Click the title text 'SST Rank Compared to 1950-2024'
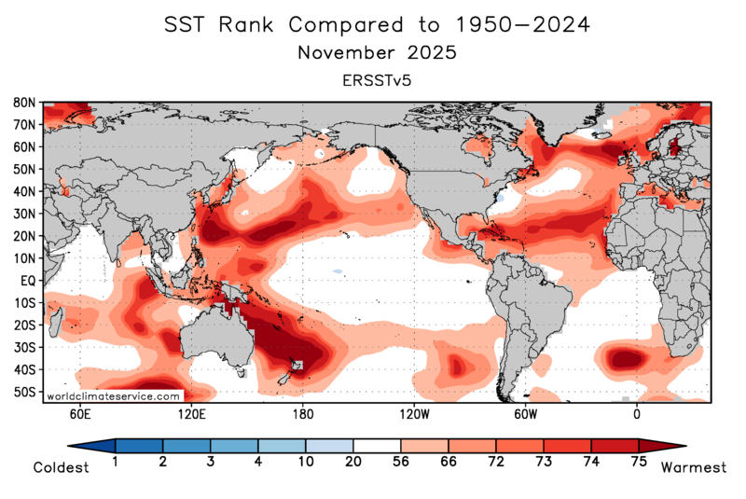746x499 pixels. coord(376,25)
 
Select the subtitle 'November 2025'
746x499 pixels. coord(377,53)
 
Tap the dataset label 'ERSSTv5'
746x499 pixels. coord(377,81)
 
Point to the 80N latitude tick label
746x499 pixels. coord(24,102)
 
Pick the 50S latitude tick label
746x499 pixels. coord(24,393)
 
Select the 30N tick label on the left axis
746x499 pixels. coord(24,214)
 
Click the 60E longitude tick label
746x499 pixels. coord(79,413)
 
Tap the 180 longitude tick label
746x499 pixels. coord(302,413)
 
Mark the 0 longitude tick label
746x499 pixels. coord(637,413)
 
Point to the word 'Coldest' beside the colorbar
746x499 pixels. coord(61,467)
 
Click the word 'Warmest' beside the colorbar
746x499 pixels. coord(693,467)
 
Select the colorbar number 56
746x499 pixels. coord(401,462)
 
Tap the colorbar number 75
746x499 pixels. coord(639,462)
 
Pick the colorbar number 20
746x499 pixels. coord(353,462)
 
